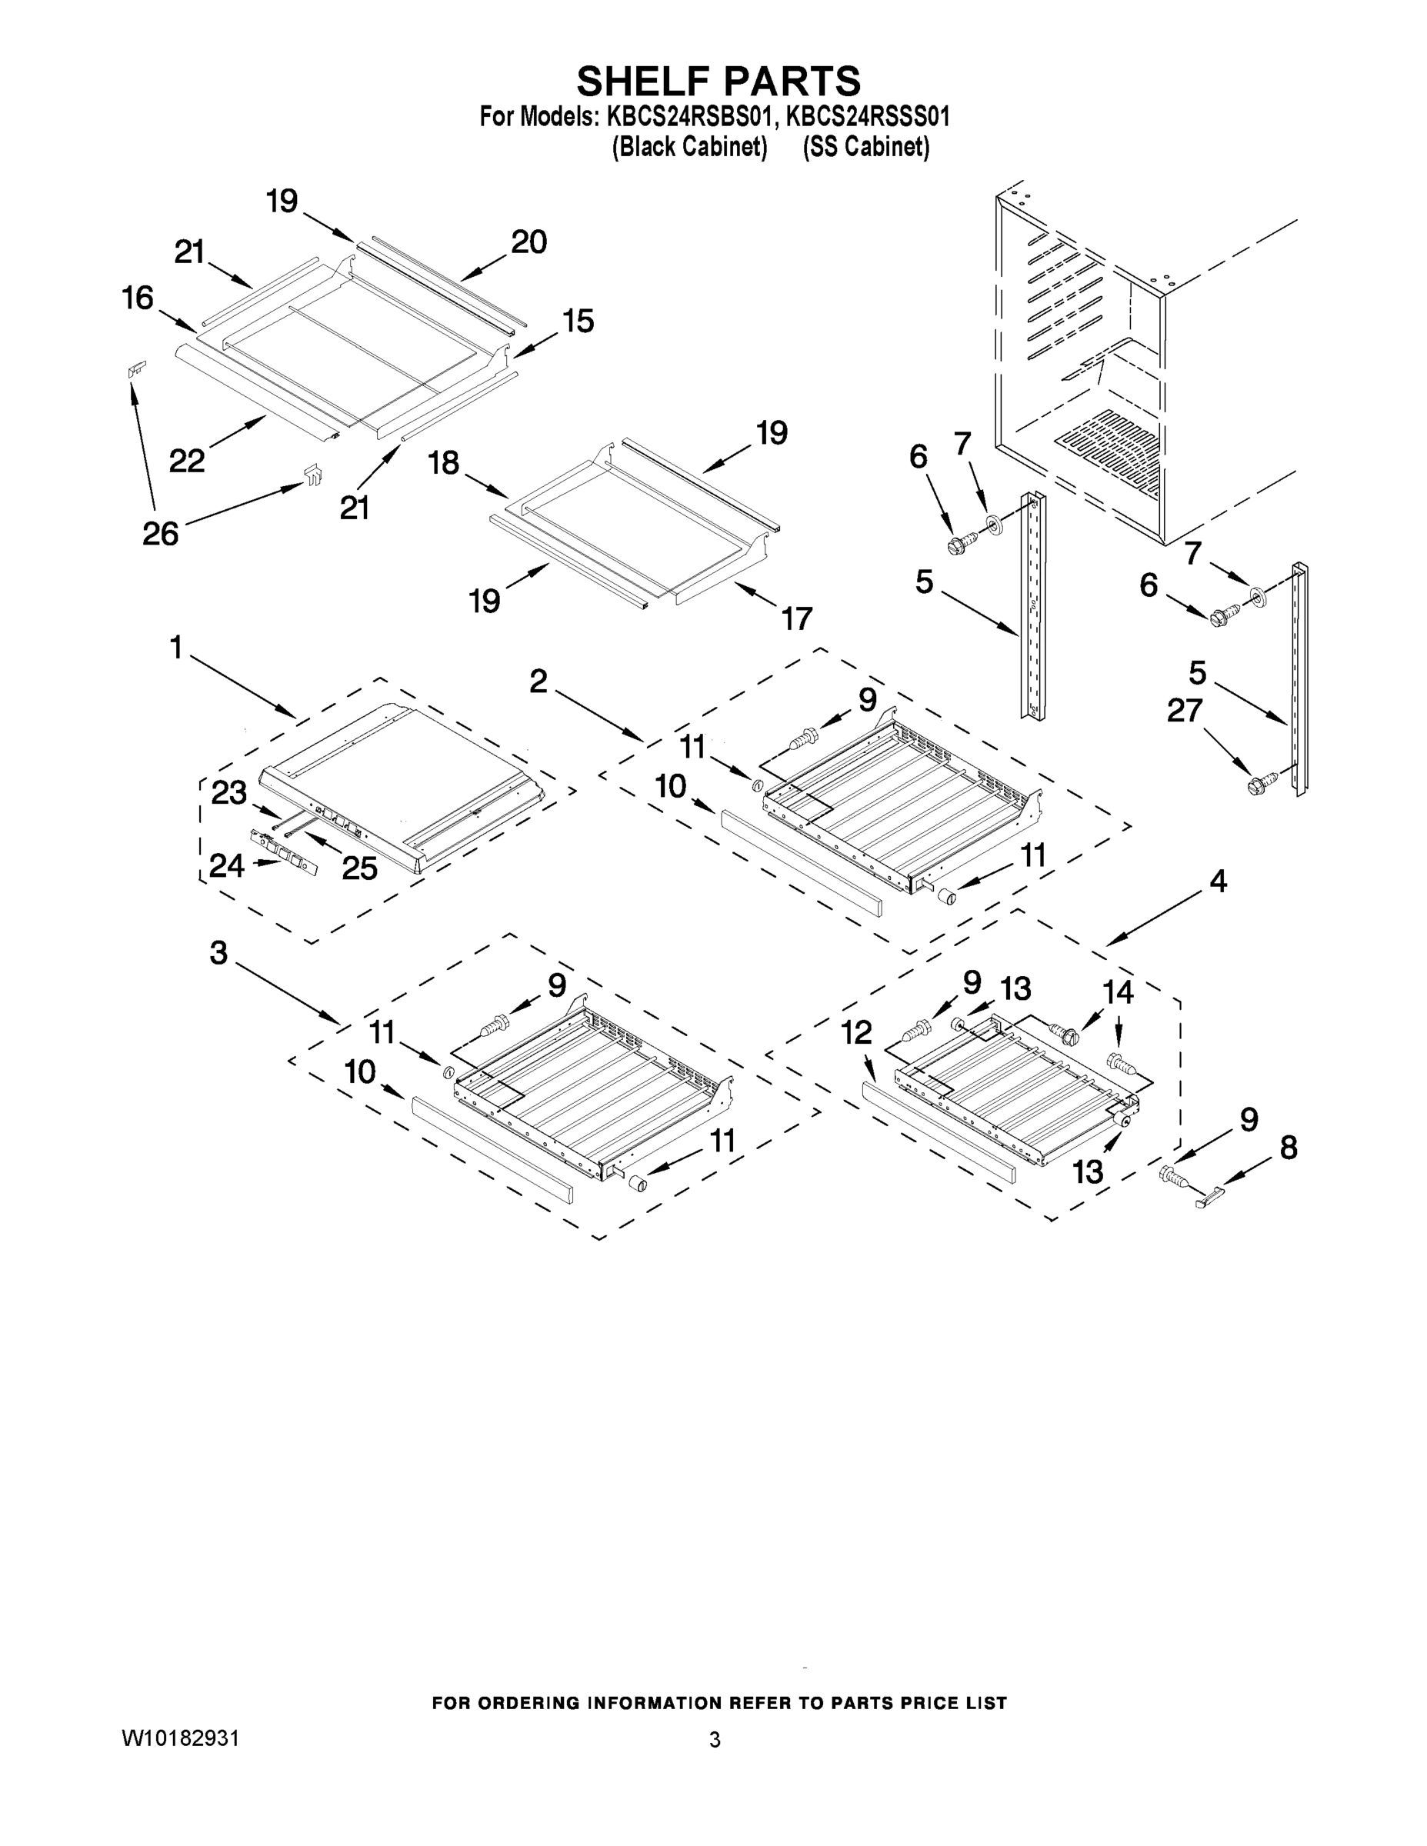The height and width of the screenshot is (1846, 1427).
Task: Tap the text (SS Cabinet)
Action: (x=865, y=147)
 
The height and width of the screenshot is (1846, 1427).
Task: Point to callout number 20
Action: (x=529, y=242)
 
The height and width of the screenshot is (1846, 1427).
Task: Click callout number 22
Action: (x=187, y=461)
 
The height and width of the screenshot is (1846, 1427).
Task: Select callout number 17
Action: (x=796, y=618)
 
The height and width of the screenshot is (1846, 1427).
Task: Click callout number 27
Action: (x=1185, y=711)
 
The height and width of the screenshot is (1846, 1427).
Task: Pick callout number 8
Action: (x=1288, y=1148)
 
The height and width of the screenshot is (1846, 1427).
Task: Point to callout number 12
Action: (x=856, y=1032)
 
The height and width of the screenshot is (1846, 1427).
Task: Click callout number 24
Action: (x=227, y=866)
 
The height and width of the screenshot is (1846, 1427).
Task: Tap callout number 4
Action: (x=1217, y=881)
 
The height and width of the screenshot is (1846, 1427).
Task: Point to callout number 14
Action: (x=1119, y=991)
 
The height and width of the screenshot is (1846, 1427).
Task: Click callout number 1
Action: (x=177, y=648)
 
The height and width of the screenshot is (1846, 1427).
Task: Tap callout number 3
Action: (x=218, y=954)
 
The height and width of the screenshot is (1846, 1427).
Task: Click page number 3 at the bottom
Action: (x=715, y=1740)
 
